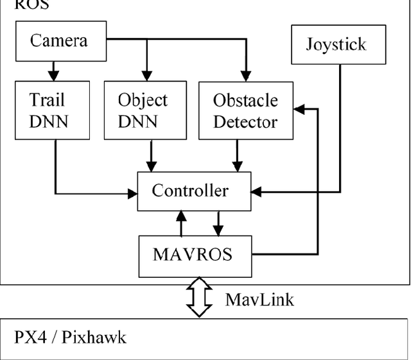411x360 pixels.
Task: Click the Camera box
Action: tap(58, 41)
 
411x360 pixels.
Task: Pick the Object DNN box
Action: tap(142, 110)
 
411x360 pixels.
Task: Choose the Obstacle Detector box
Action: tap(245, 110)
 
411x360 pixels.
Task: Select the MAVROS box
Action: tap(193, 254)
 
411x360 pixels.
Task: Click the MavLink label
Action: tap(259, 299)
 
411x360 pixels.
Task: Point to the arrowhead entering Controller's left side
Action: tap(132, 192)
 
